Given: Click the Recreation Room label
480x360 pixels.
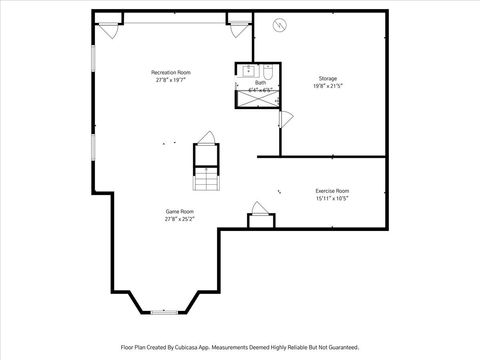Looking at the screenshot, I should pyautogui.click(x=171, y=72).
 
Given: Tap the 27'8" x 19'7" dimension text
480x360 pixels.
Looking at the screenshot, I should pyautogui.click(x=171, y=80).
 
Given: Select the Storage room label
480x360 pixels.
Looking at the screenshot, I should pyautogui.click(x=328, y=78).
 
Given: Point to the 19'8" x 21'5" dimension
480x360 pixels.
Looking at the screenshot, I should pyautogui.click(x=328, y=86).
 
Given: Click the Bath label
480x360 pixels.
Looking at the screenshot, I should pyautogui.click(x=260, y=83).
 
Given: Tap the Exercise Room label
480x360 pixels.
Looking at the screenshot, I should pyautogui.click(x=332, y=190).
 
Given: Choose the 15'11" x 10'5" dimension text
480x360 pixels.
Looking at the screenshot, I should pyautogui.click(x=332, y=198).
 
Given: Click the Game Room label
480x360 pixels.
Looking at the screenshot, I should pyautogui.click(x=180, y=211).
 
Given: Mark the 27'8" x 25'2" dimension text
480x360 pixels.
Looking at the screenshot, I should pyautogui.click(x=180, y=219).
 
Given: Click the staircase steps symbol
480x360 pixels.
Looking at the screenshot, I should pyautogui.click(x=206, y=178).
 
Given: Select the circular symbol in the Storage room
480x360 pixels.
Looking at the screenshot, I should pyautogui.click(x=280, y=25).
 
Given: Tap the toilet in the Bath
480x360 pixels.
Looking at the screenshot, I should pyautogui.click(x=268, y=72).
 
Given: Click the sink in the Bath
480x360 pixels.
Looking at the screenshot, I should pyautogui.click(x=247, y=71).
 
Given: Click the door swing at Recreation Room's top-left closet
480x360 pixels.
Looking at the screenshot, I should pyautogui.click(x=110, y=30).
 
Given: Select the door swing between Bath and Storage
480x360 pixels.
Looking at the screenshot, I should pyautogui.click(x=285, y=118).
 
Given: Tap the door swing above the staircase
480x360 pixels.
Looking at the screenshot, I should pyautogui.click(x=206, y=138).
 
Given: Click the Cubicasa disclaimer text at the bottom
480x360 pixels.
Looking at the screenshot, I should pyautogui.click(x=240, y=347).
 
